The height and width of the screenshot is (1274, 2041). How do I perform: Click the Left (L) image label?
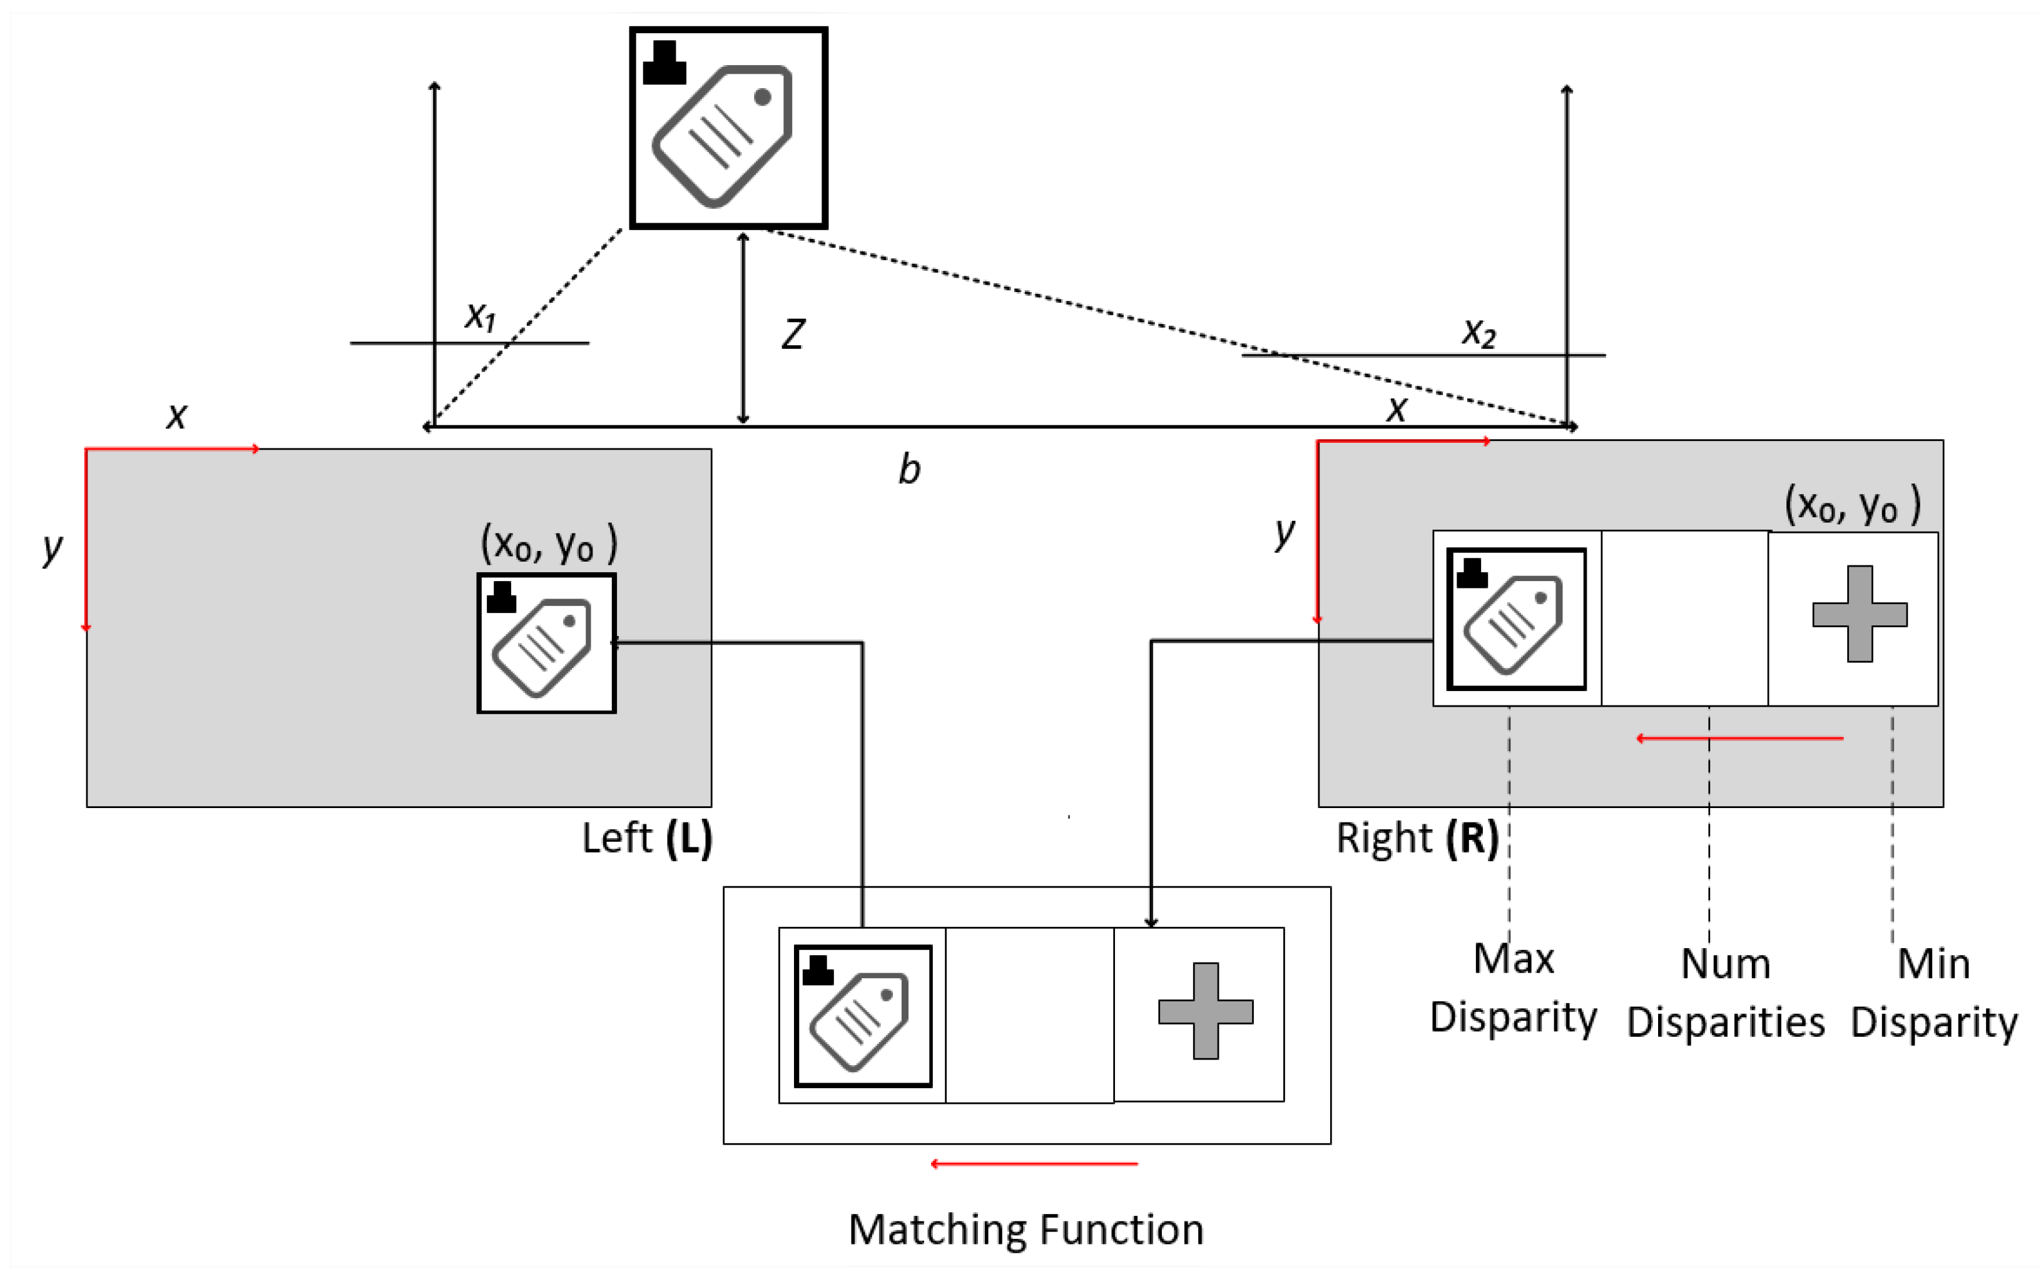[x=646, y=837]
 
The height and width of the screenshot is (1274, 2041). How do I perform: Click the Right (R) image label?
[x=1417, y=837]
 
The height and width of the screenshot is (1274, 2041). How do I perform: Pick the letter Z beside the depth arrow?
[x=792, y=335]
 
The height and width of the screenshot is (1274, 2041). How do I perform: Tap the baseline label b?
[x=909, y=468]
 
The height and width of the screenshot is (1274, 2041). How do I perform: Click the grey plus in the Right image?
[x=1859, y=614]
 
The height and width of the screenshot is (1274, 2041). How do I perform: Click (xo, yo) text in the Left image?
[x=549, y=544]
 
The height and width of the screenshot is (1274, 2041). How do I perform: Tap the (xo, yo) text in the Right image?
[x=1851, y=505]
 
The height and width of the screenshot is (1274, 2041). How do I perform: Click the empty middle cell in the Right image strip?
[x=1684, y=618]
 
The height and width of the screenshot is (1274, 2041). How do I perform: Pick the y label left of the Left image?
[x=53, y=549]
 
